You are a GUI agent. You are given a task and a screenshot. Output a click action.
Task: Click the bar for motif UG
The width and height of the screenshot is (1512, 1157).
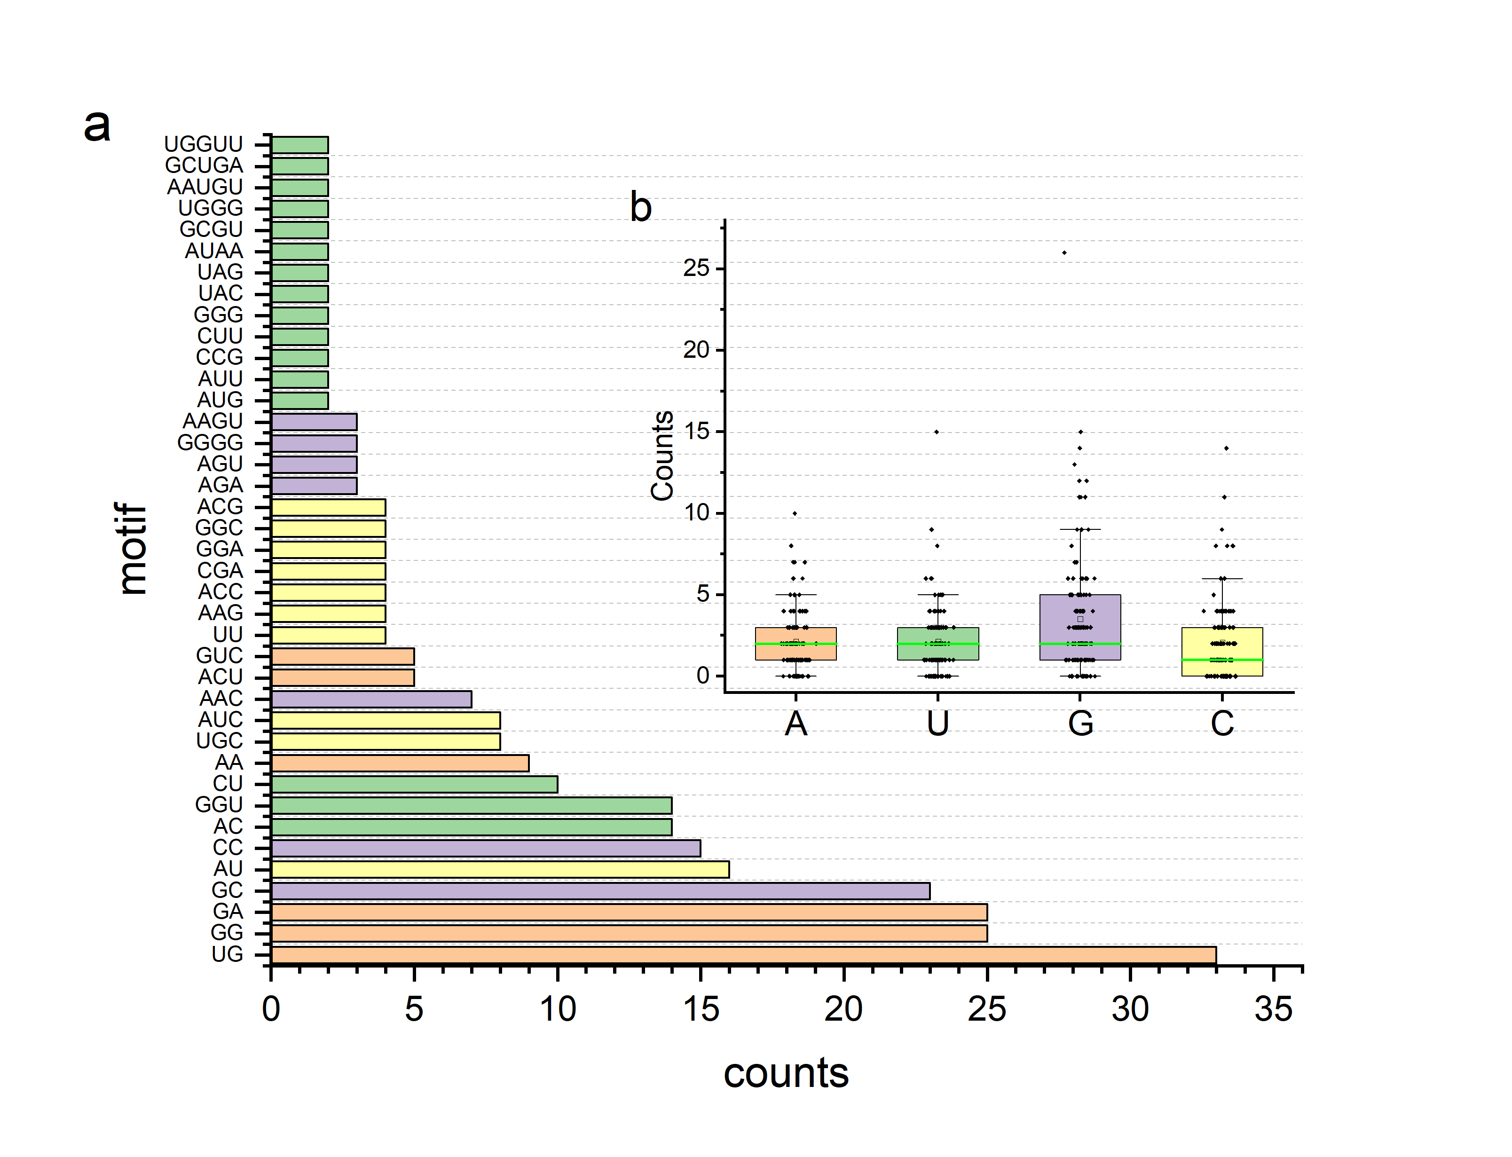744,954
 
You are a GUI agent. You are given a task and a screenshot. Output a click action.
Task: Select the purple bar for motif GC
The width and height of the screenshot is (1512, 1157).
600,890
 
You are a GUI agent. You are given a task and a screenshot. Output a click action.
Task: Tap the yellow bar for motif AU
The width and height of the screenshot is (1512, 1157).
500,869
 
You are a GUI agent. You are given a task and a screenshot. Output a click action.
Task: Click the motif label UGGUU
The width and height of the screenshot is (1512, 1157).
203,144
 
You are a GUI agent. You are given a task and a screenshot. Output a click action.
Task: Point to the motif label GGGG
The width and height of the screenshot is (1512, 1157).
210,442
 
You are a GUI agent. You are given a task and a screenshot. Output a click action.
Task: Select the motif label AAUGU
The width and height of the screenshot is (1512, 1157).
205,187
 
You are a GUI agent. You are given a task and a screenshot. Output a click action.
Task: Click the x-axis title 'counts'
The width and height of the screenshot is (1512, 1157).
786,1073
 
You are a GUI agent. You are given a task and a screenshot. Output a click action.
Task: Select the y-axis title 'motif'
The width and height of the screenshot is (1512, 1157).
132,549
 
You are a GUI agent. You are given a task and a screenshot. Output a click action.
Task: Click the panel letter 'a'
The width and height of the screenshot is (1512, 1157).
97,126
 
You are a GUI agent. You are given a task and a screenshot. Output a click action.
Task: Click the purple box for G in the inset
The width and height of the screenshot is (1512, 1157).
1079,627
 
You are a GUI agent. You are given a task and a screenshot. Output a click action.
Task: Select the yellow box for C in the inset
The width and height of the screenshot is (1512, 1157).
1222,652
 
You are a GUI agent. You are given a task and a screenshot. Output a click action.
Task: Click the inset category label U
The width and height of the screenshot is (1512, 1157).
938,723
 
